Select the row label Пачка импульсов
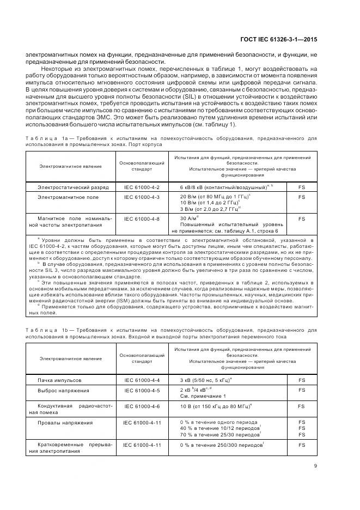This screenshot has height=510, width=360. click(x=59, y=379)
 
